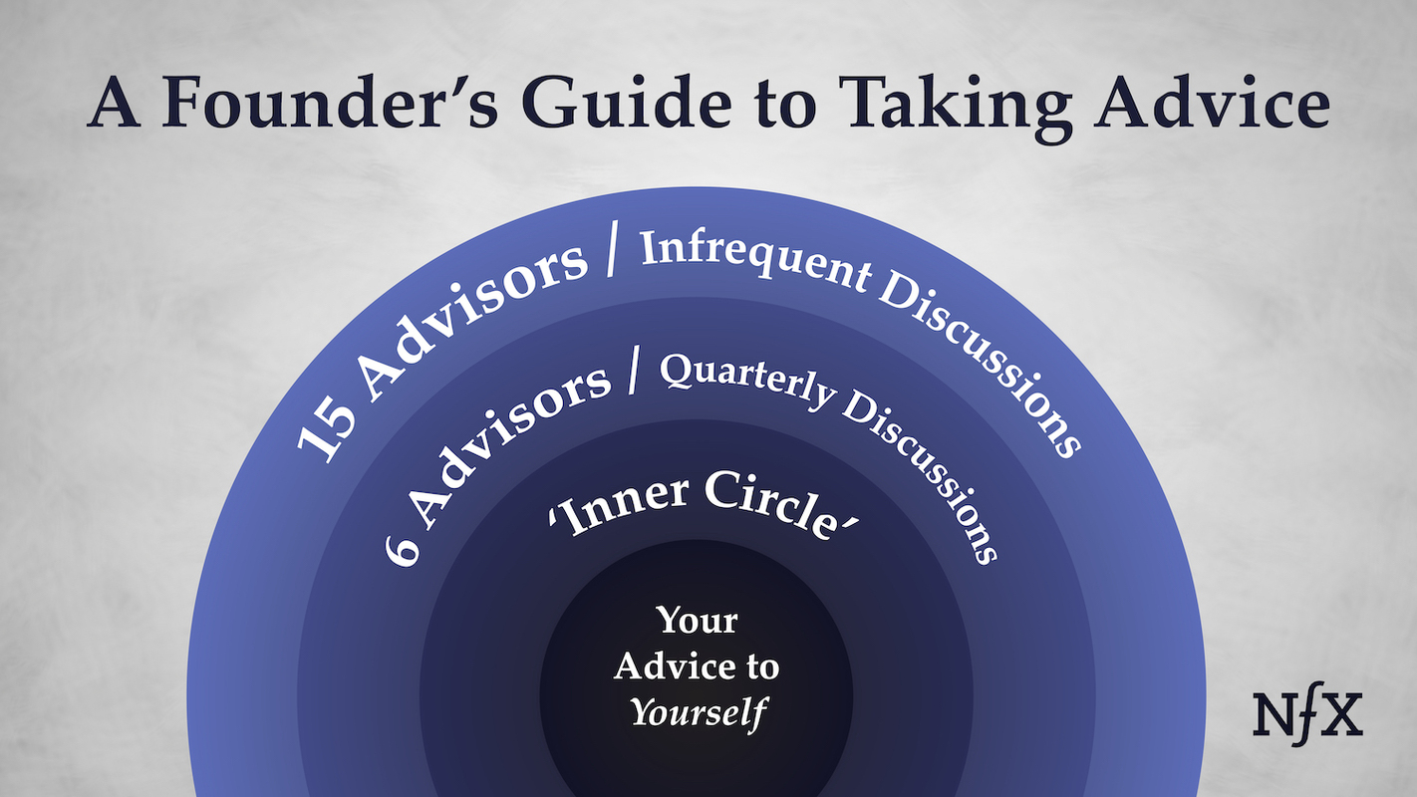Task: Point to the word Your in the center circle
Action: tap(697, 621)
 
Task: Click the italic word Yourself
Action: tap(701, 712)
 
